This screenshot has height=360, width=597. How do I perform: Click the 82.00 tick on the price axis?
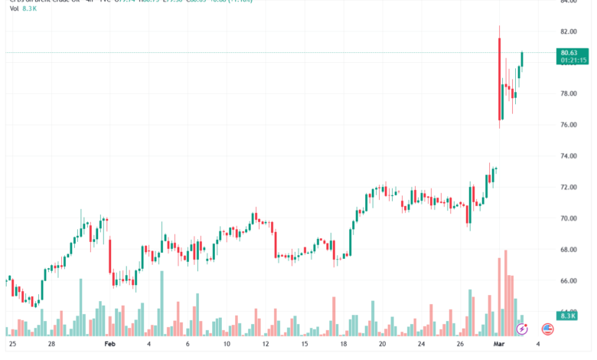click(568, 31)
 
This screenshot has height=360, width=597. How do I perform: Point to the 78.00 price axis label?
click(568, 93)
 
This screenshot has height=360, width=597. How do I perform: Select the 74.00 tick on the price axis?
click(568, 156)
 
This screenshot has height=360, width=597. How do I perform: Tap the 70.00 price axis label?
click(568, 218)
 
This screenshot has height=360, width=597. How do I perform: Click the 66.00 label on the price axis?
click(568, 281)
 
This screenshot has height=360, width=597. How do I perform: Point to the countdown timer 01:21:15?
click(573, 60)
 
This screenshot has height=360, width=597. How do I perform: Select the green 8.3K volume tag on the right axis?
click(567, 316)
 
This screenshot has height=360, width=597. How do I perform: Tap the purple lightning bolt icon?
click(522, 329)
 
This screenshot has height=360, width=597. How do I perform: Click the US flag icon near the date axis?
click(547, 329)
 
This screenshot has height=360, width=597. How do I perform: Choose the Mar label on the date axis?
click(498, 345)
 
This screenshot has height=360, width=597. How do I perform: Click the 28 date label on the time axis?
click(51, 345)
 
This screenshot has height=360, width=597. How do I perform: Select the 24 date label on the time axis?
click(420, 345)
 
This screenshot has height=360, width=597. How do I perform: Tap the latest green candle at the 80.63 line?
click(522, 59)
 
